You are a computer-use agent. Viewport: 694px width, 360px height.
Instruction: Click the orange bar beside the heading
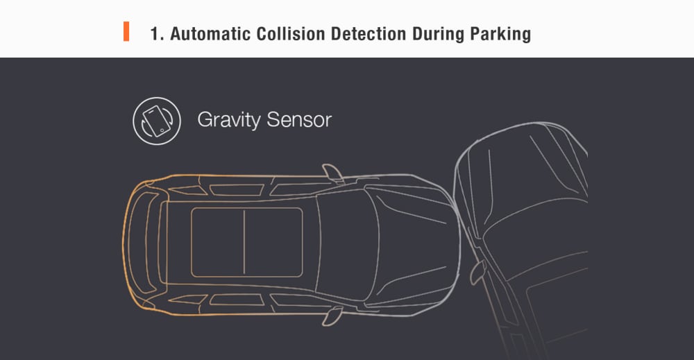pyautogui.click(x=126, y=31)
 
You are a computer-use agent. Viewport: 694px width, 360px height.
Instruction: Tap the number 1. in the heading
pyautogui.click(x=157, y=33)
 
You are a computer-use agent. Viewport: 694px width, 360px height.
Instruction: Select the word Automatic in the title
pyautogui.click(x=210, y=33)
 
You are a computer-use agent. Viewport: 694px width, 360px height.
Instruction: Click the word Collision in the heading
pyautogui.click(x=290, y=33)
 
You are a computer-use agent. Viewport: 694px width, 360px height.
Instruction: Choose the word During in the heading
pyautogui.click(x=438, y=34)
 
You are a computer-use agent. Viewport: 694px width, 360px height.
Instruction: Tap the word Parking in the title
pyautogui.click(x=500, y=34)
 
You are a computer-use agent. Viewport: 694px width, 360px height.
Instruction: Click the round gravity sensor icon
pyautogui.click(x=157, y=121)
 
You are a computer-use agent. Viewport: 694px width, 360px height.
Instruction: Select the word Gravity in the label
pyautogui.click(x=229, y=120)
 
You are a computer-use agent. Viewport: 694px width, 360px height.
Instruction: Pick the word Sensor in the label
pyautogui.click(x=299, y=120)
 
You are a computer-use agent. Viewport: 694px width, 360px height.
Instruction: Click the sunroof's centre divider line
pyautogui.click(x=244, y=242)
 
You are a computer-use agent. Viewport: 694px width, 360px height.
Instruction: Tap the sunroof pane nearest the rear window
pyautogui.click(x=217, y=242)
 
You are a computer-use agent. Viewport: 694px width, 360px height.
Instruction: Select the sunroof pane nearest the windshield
pyautogui.click(x=273, y=242)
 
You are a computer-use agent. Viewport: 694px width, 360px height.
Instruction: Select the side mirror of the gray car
pyautogui.click(x=477, y=271)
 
